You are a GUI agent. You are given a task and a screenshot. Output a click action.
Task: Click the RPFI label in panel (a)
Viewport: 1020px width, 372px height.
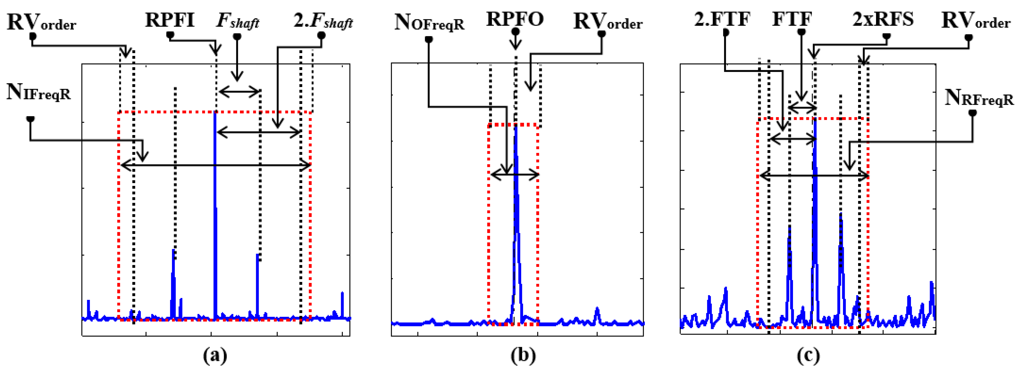click(x=169, y=20)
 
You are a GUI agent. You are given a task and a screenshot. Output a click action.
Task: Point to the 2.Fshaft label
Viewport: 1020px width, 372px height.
click(x=323, y=21)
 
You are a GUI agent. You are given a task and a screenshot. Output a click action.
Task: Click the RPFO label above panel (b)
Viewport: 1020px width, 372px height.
click(x=514, y=19)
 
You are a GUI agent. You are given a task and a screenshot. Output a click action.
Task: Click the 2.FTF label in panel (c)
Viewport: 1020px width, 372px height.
click(x=722, y=19)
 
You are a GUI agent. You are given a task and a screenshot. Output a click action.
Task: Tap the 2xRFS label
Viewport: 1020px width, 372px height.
click(x=883, y=19)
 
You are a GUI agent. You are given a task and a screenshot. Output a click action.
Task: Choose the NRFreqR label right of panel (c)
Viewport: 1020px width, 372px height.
click(x=979, y=97)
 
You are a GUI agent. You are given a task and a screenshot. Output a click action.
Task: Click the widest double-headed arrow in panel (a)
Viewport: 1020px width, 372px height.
click(x=215, y=165)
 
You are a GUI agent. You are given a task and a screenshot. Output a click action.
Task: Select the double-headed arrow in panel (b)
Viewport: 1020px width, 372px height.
click(x=514, y=174)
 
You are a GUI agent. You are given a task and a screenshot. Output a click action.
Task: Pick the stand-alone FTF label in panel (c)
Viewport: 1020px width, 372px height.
click(x=792, y=19)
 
